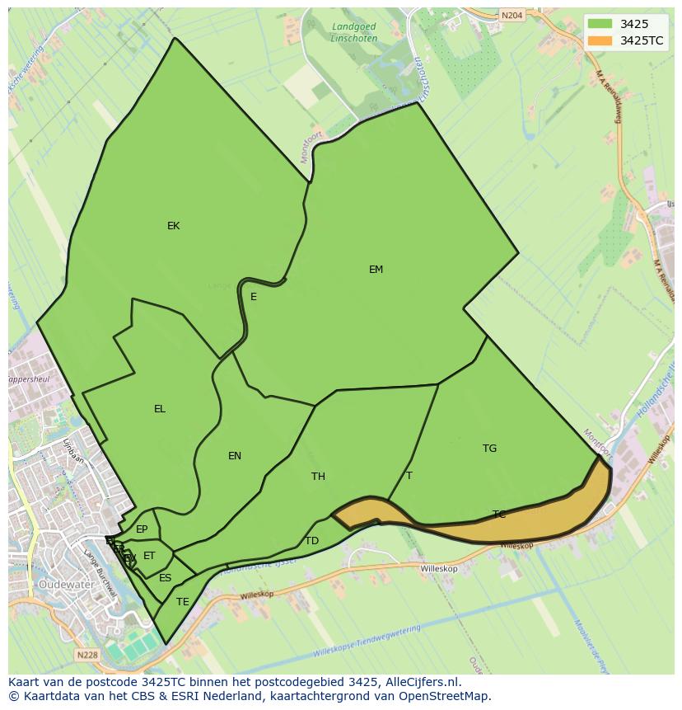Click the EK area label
point(173,226)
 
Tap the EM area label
point(376,270)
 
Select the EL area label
point(160,409)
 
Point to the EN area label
point(235,456)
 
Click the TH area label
point(318,477)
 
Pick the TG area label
point(489,449)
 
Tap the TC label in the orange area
point(498,515)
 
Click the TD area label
point(311,541)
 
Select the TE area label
point(182,602)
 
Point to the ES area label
point(165,578)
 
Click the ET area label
point(149,556)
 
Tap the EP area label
point(142,529)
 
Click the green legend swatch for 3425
point(600,24)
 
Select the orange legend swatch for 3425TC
point(600,40)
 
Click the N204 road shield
point(511,15)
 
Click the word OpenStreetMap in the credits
point(444,696)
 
